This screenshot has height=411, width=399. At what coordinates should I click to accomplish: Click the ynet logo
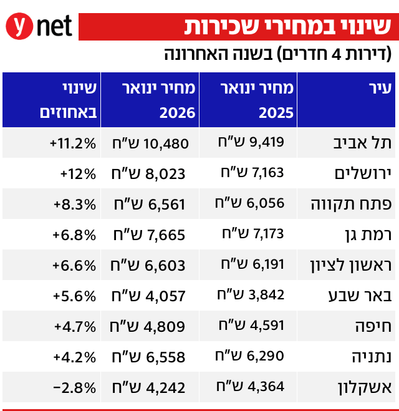39,27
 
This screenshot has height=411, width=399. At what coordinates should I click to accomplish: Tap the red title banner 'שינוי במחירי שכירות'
288,27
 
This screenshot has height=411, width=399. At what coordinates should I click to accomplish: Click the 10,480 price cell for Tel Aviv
150,143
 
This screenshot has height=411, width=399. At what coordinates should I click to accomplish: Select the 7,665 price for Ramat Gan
150,234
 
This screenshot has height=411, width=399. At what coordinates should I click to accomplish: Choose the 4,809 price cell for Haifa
150,325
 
